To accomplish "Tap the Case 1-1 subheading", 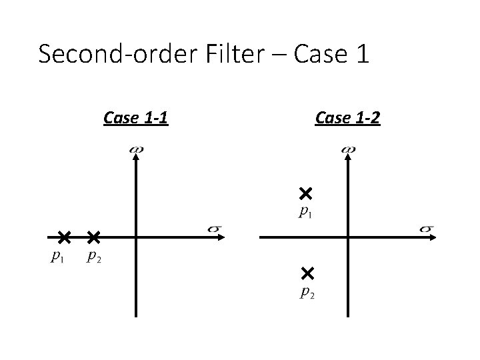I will click(135, 119).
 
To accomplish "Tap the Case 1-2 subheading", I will click(348, 119).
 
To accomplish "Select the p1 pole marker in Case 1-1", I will click(63, 237).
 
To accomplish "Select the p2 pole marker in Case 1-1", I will click(93, 237).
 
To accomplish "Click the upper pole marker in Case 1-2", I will click(306, 194).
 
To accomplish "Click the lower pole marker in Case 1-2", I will click(307, 272).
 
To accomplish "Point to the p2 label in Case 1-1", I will click(95, 257).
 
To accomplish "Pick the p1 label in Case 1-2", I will click(306, 213).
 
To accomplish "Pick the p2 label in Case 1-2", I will click(307, 291).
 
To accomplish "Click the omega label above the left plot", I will click(135, 149).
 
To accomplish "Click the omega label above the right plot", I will click(347, 149).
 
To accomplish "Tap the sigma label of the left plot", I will click(215, 229).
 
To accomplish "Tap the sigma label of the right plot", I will click(427, 229).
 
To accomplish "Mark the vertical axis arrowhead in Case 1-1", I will click(135, 160).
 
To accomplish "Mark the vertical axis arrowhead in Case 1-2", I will click(347, 160).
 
